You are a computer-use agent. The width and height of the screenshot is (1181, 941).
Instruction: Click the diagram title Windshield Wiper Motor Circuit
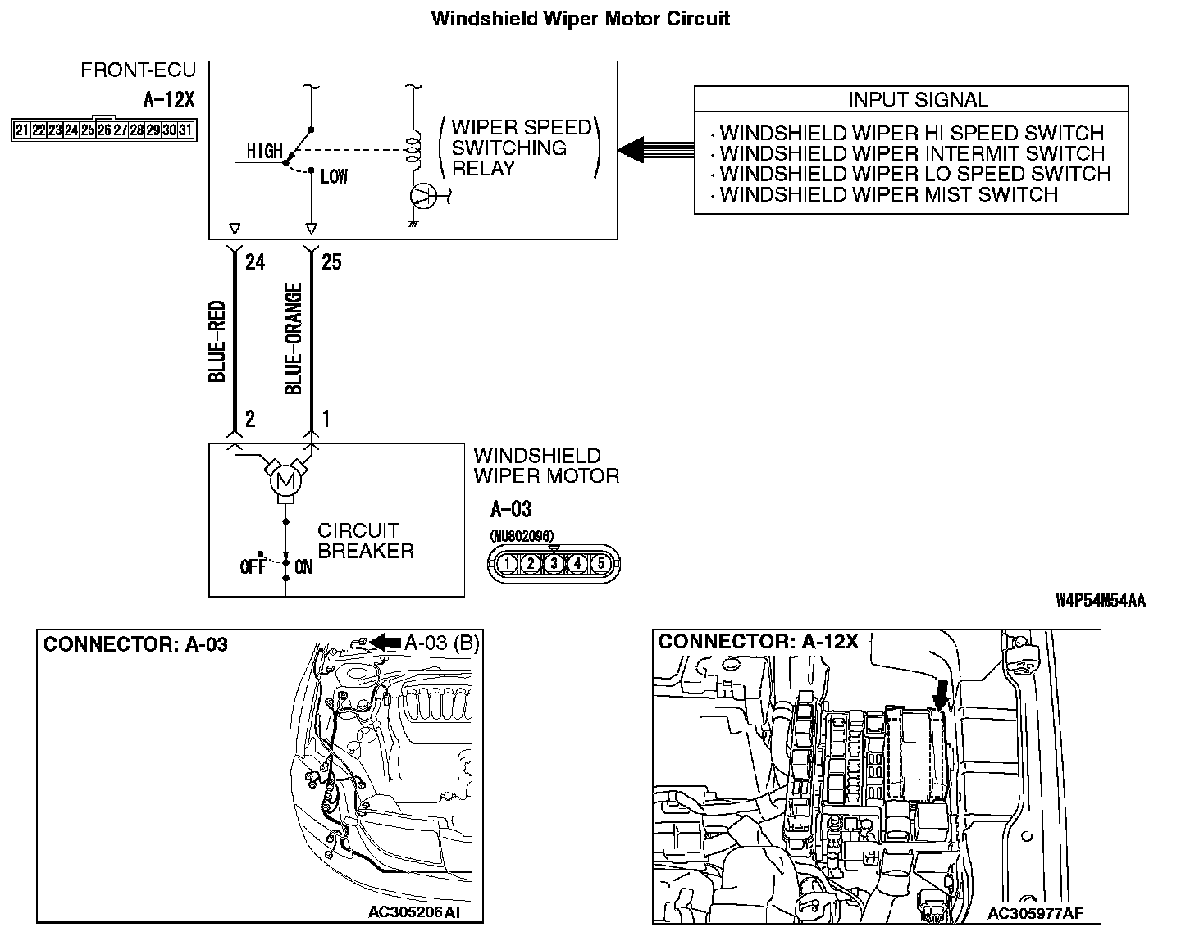coord(581,19)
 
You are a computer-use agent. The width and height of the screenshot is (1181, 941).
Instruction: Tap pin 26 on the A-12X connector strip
coord(103,130)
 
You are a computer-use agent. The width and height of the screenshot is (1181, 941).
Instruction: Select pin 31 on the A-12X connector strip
coord(185,130)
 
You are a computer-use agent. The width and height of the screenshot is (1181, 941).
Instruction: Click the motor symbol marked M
coord(285,482)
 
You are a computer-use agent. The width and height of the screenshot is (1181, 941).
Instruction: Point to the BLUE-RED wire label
coord(217,341)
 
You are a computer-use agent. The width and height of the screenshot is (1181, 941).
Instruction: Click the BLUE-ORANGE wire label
coord(294,339)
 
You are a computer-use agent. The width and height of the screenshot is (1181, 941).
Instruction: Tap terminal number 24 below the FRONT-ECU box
coord(254,262)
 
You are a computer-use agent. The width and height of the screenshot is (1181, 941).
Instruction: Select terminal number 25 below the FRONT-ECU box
coord(331,262)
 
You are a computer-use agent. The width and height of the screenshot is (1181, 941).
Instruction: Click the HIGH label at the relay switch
coord(265,152)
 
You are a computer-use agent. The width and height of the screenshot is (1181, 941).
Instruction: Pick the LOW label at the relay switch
coord(335,177)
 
